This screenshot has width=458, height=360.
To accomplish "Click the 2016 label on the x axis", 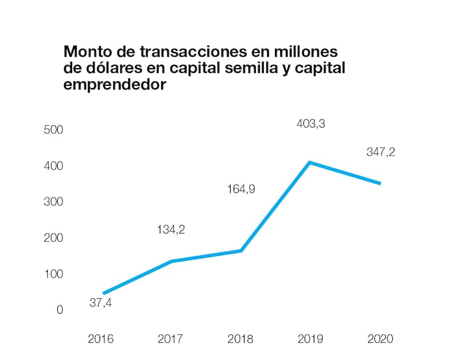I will pyautogui.click(x=101, y=339).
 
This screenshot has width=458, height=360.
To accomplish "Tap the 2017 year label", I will pyautogui.click(x=171, y=339).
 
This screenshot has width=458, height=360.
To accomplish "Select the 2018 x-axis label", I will pyautogui.click(x=240, y=339).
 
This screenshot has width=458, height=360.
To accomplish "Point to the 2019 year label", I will pyautogui.click(x=310, y=339).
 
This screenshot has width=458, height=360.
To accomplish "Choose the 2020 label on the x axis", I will pyautogui.click(x=380, y=339).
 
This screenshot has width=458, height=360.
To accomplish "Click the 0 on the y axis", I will pyautogui.click(x=59, y=310).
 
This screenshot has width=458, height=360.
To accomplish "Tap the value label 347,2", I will pyautogui.click(x=381, y=153).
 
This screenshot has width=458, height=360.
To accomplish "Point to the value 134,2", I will pyautogui.click(x=171, y=230).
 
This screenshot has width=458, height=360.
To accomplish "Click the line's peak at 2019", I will pyautogui.click(x=310, y=163).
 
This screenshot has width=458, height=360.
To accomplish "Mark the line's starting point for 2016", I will pyautogui.click(x=104, y=293).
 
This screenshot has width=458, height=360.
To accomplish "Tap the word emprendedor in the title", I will pyautogui.click(x=115, y=85).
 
